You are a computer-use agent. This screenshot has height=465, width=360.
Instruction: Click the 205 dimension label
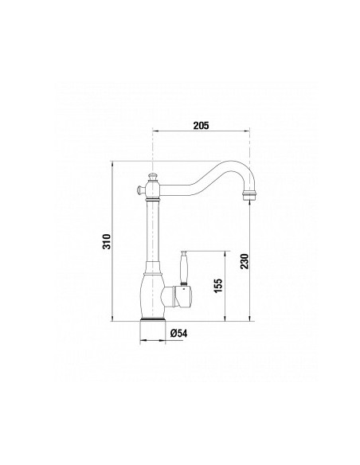click(x=201, y=126)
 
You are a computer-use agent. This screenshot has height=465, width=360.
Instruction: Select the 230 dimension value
click(x=245, y=261)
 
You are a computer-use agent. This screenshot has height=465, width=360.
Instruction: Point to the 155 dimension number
click(x=218, y=286)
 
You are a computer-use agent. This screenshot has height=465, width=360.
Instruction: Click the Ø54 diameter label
click(x=179, y=334)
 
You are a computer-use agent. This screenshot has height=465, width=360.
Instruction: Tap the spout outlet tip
click(x=249, y=197)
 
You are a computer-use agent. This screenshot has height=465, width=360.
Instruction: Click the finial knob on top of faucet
click(x=152, y=177)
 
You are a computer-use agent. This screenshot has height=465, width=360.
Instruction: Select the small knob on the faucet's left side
click(x=140, y=189)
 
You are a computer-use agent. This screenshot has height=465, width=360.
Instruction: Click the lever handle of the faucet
click(x=183, y=268)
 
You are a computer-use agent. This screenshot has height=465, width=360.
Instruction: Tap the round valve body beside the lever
click(x=178, y=296)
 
